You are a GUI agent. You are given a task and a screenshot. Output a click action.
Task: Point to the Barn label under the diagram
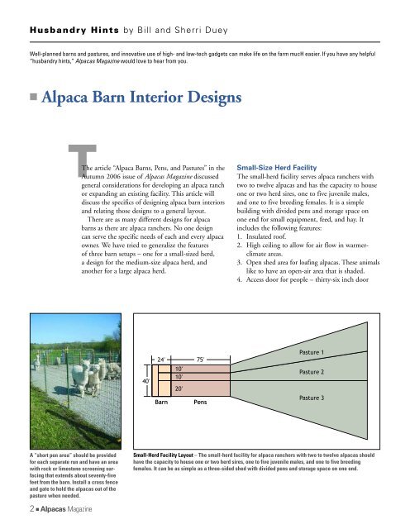point(163,405)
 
